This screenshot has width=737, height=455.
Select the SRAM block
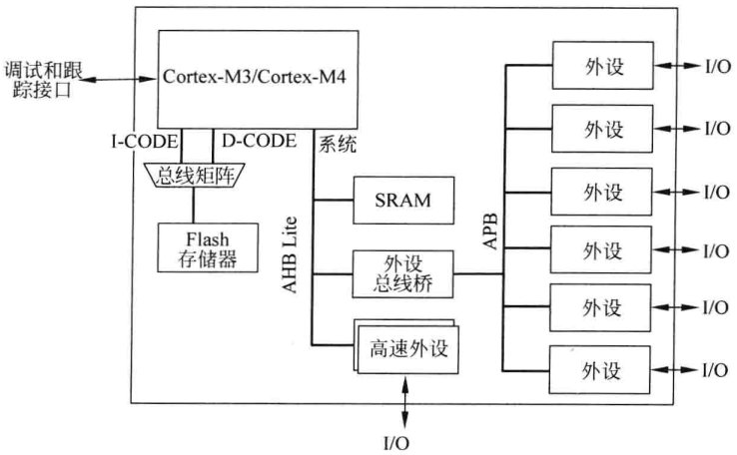tap(403, 200)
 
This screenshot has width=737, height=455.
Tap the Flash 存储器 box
tap(207, 247)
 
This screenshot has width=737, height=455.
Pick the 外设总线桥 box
tap(403, 270)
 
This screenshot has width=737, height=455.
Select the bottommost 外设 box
tap(601, 369)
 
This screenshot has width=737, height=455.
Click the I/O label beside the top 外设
tap(716, 68)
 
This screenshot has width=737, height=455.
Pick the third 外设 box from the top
tap(601, 189)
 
